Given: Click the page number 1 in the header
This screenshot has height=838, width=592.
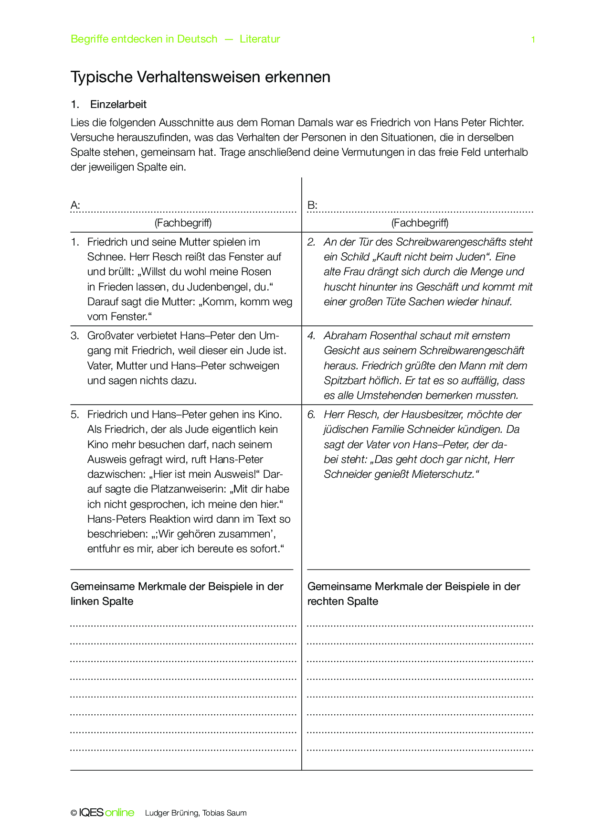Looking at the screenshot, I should click(x=533, y=40).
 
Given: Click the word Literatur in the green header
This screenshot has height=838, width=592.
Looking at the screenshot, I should click(x=260, y=39).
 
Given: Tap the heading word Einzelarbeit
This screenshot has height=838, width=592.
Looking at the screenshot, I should click(x=118, y=105).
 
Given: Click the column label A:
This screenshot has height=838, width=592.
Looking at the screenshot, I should click(x=75, y=205).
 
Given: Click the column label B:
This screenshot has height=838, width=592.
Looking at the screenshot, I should click(x=312, y=205).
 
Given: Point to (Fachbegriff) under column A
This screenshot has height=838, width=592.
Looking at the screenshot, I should click(x=183, y=223).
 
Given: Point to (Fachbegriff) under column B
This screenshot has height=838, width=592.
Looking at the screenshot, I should click(x=420, y=223).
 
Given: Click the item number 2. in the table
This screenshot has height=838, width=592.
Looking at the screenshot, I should click(x=311, y=242).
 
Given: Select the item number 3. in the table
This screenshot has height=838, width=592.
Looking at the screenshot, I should click(x=75, y=336).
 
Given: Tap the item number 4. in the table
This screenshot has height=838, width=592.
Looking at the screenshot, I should click(x=311, y=336).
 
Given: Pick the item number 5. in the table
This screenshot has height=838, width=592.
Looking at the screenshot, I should click(x=75, y=415).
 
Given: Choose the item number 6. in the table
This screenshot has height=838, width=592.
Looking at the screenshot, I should click(x=311, y=415).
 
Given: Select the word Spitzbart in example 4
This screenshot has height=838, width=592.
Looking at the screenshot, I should click(x=346, y=381).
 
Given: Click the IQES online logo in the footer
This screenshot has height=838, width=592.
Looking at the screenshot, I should click(x=106, y=813).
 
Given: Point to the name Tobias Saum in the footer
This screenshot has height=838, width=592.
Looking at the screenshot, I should click(x=224, y=813).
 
